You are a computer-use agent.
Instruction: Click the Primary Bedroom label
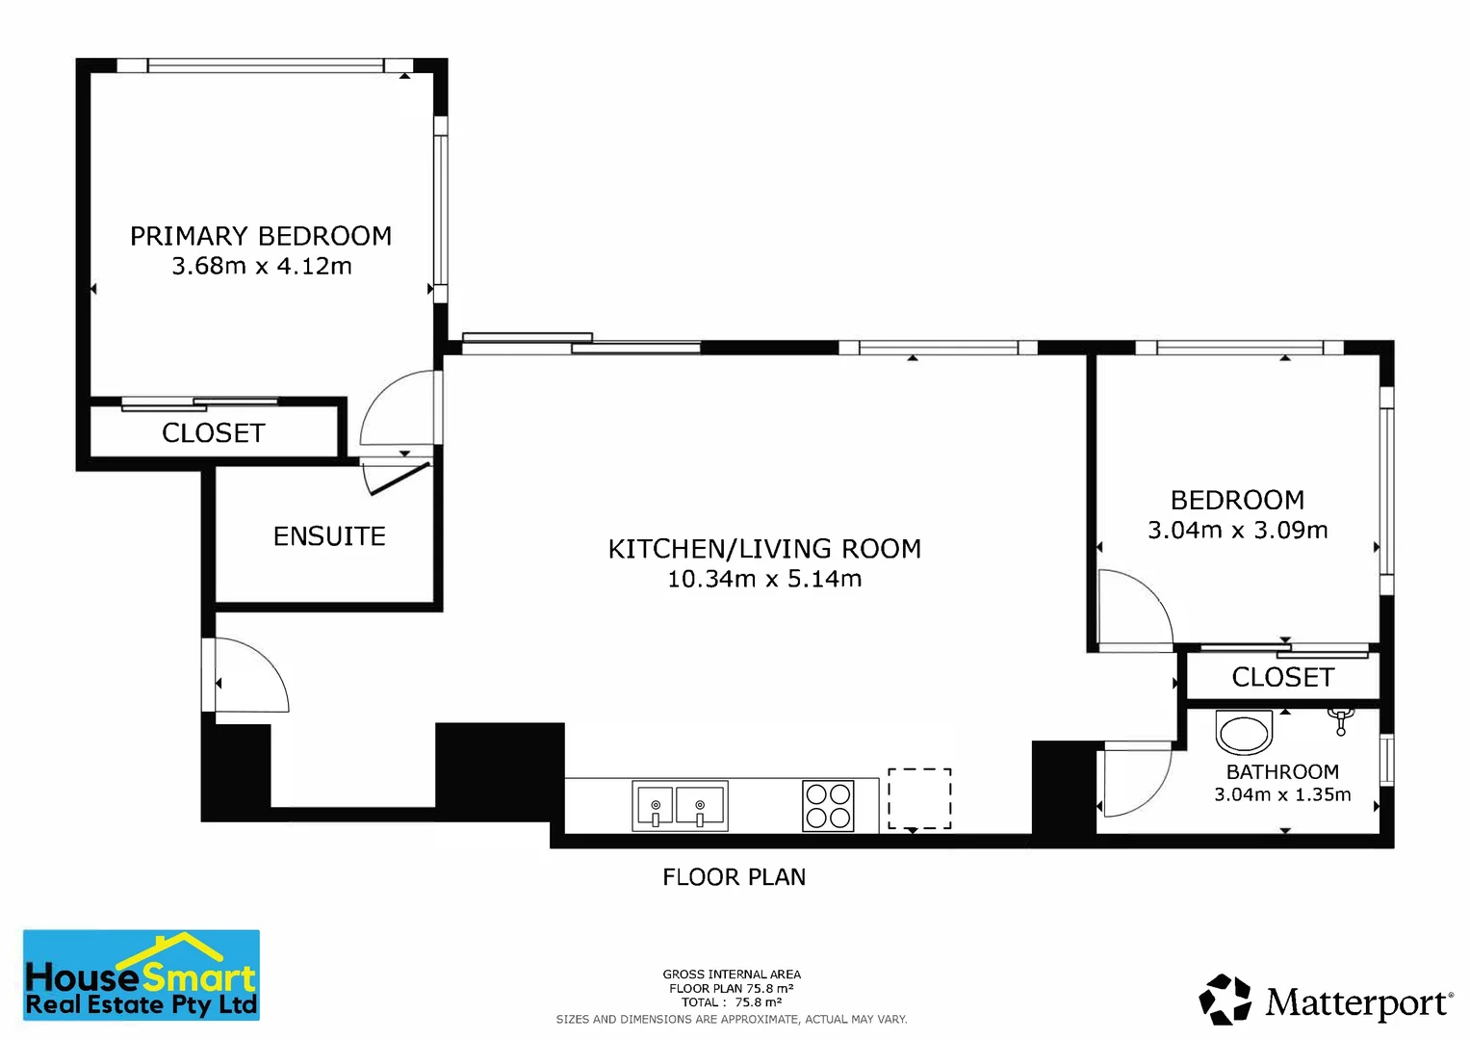click(x=261, y=236)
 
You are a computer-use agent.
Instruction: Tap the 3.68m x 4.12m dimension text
click(x=262, y=266)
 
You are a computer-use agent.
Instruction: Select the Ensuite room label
click(x=329, y=536)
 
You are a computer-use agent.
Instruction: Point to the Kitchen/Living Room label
click(x=764, y=549)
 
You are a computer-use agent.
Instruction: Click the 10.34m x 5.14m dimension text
click(x=764, y=579)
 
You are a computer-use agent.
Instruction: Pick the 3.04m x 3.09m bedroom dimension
click(x=1238, y=530)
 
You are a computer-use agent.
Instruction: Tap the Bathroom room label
click(x=1283, y=771)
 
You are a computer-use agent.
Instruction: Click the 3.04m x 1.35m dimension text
click(x=1283, y=794)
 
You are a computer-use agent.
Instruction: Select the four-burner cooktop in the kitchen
click(x=828, y=806)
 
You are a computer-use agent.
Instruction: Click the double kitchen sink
click(x=680, y=806)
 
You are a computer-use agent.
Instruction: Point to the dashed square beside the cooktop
click(x=919, y=798)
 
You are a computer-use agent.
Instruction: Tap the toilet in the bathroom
click(x=1244, y=731)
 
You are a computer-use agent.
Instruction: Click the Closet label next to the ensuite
click(x=214, y=433)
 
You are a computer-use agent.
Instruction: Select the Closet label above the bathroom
click(x=1283, y=677)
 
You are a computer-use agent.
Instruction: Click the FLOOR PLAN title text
click(x=734, y=877)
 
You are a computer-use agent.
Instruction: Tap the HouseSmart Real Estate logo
click(x=142, y=975)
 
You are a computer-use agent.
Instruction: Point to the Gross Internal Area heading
click(x=732, y=975)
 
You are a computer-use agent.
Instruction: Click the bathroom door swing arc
click(x=1158, y=792)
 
